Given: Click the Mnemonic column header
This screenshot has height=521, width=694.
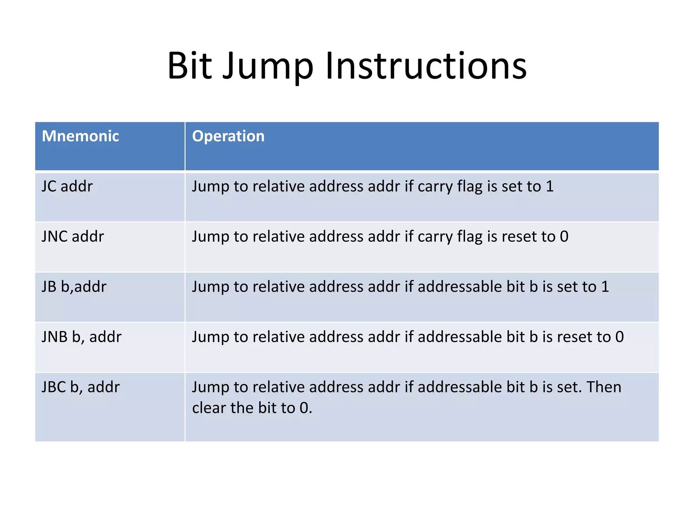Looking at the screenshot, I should point(80,136).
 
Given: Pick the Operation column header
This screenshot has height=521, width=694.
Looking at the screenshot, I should point(228,136).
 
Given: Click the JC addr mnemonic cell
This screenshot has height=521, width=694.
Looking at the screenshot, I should point(67,186).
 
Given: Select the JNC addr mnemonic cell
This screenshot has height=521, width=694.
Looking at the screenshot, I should point(73,236).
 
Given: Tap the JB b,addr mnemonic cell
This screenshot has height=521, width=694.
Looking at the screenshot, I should point(74,287).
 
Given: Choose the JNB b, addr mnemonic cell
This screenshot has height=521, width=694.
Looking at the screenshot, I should point(81,337).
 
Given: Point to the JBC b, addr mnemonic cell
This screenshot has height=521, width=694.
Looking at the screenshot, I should point(81,387).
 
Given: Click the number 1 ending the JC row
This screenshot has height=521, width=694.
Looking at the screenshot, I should point(550,186).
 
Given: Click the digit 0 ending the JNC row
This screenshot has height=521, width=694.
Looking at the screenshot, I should point(564,236).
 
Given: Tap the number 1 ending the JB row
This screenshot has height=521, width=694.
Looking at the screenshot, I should point(605,287).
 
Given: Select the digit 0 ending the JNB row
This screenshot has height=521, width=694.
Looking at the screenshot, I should point(619,337).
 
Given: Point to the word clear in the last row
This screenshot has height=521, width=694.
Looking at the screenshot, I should point(209,408).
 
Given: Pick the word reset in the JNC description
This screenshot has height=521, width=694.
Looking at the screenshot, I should point(518,236).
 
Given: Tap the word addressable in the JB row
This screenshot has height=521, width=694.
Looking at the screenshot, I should point(460,287).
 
